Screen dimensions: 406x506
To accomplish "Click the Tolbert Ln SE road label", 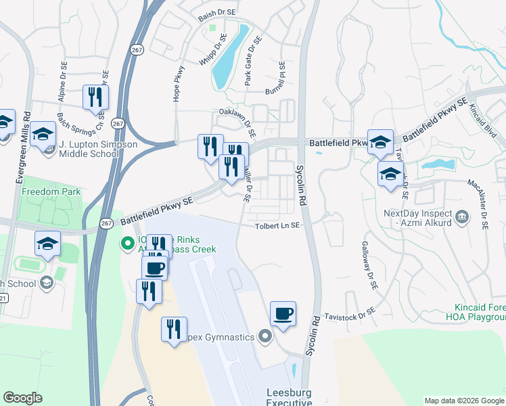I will tap(277, 226).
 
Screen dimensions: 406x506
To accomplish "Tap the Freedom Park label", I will tap(51, 191).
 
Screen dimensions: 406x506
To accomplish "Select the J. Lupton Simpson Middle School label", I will tap(97, 149).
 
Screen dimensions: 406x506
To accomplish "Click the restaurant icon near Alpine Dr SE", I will tap(95, 97).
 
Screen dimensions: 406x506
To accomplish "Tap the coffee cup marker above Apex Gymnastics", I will tap(283, 313).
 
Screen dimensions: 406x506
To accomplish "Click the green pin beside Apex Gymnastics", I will tap(264, 336).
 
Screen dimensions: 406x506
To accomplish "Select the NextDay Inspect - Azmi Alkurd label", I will tap(417, 217).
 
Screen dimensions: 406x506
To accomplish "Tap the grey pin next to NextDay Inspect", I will tap(463, 217).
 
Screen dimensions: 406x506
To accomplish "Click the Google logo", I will tap(22, 398).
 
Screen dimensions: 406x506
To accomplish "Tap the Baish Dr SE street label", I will tap(217, 12).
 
